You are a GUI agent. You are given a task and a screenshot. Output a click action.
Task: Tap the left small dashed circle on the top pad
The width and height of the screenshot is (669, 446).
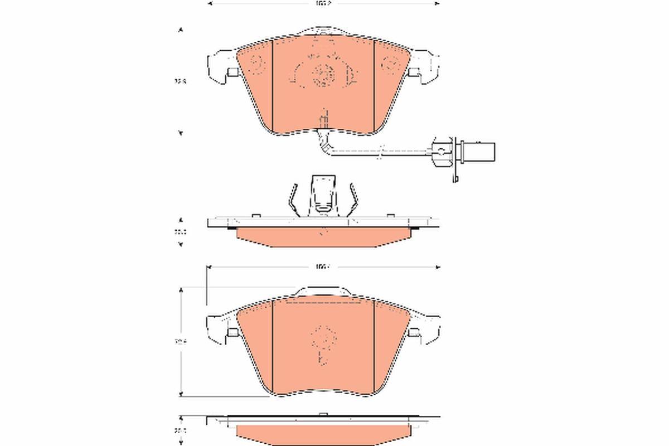tap(258, 65)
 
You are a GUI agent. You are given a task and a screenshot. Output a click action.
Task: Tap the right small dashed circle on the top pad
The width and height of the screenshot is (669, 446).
tap(389, 65)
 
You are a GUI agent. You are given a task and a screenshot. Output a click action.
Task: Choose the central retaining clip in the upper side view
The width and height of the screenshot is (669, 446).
tap(322, 195)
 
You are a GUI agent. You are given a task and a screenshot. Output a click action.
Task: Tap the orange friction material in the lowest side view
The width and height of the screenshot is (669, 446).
tap(322, 432)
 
